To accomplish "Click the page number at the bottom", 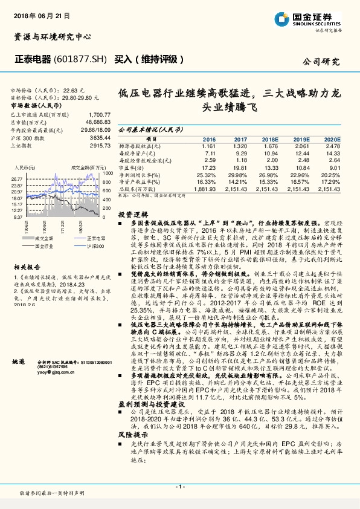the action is click(x=179, y=486).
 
